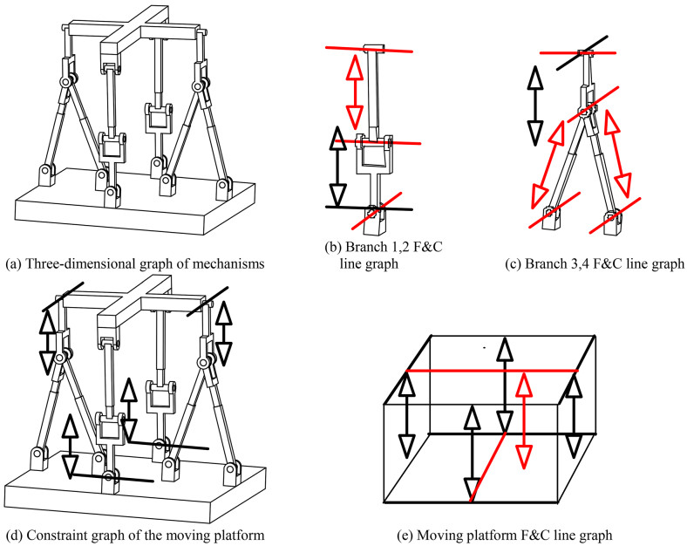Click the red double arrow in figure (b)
[354, 92]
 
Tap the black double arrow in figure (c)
[534, 106]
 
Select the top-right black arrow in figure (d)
[223, 333]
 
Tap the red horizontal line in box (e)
[491, 370]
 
